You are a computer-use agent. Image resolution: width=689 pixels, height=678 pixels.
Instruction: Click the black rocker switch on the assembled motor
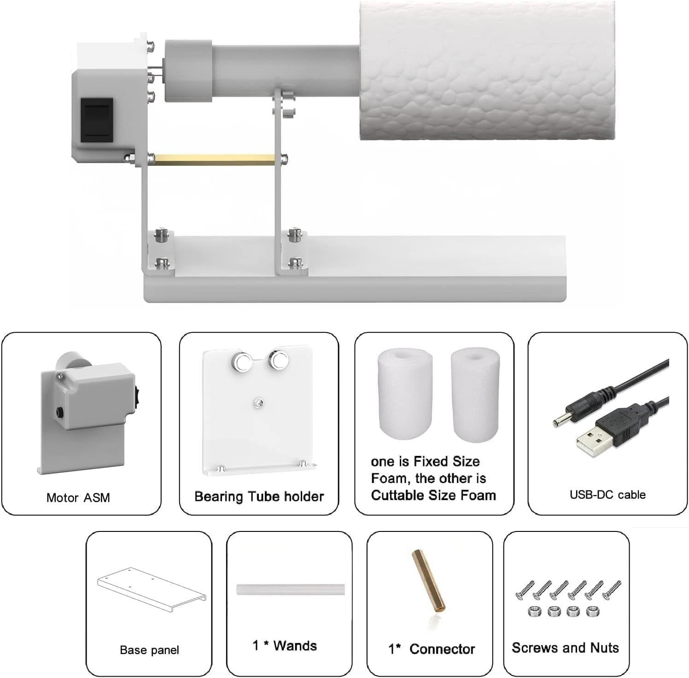(x=97, y=120)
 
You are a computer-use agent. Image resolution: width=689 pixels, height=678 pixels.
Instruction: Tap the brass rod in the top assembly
(x=212, y=159)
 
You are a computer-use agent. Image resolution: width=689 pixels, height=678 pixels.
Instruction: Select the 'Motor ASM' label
(x=78, y=498)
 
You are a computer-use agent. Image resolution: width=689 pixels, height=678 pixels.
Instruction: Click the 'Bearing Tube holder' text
(x=259, y=496)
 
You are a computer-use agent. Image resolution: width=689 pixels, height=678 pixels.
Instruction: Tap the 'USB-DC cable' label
(x=607, y=495)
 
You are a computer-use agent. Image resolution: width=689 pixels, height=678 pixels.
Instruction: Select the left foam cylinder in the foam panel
(x=405, y=394)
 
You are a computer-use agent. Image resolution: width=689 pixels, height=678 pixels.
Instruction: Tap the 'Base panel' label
(x=149, y=650)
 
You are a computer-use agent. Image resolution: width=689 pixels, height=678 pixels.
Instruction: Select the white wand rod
(x=290, y=590)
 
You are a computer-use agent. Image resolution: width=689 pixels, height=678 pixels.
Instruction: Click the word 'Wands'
(x=295, y=646)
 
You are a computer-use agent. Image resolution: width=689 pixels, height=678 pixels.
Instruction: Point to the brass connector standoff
(x=428, y=579)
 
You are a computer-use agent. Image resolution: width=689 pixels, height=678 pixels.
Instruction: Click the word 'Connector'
(x=442, y=649)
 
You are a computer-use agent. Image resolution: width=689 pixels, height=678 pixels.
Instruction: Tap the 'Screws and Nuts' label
(x=565, y=648)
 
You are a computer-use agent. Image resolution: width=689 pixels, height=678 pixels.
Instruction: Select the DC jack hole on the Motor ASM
(x=60, y=411)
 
